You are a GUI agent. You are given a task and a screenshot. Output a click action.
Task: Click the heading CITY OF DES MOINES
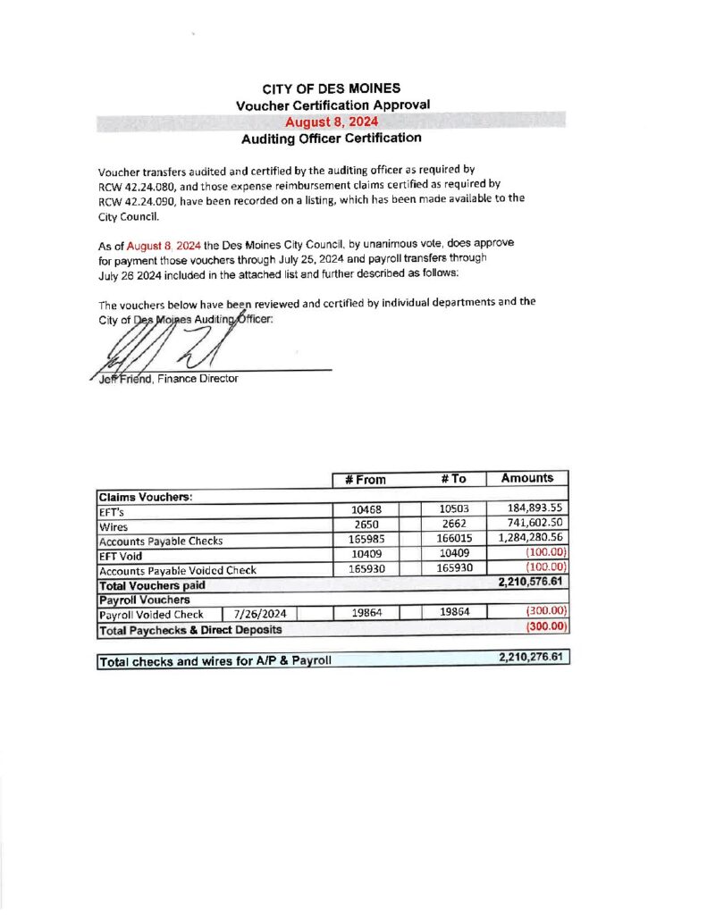click(332, 88)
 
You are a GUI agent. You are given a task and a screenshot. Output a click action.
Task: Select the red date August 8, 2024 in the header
click(331, 122)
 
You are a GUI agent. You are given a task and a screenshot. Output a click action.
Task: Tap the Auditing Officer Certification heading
click(331, 139)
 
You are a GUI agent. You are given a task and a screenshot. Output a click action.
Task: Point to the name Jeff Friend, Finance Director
click(166, 379)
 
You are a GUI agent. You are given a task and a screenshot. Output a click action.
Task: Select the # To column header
click(453, 479)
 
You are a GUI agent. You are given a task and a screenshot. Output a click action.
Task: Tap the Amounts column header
click(527, 478)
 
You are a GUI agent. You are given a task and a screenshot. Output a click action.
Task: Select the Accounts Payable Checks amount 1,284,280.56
click(528, 540)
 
